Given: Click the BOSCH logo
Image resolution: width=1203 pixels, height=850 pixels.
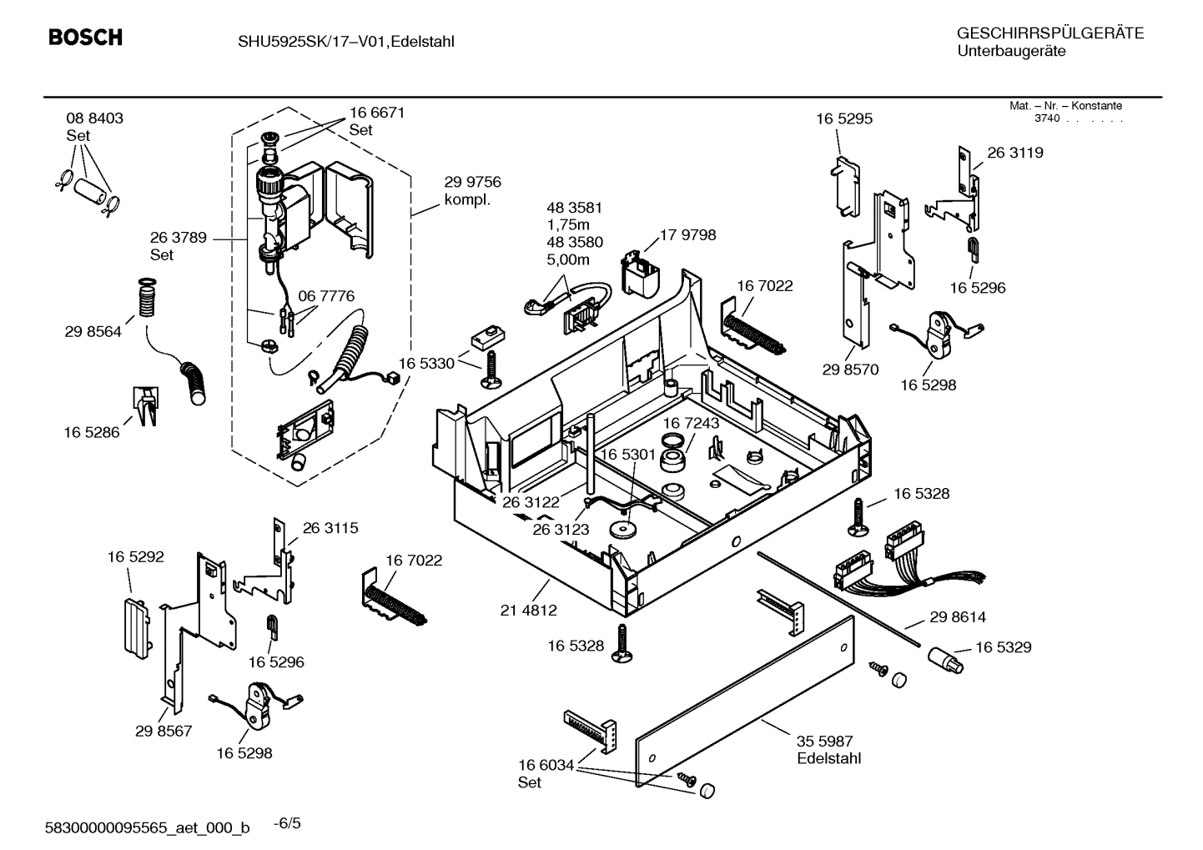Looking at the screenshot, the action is click(85, 38).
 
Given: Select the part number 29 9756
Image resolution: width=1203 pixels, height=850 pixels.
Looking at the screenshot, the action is click(472, 183).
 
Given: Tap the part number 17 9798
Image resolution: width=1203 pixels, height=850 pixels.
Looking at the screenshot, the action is click(687, 235).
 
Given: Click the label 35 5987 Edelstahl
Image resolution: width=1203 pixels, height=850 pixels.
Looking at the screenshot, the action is click(828, 749).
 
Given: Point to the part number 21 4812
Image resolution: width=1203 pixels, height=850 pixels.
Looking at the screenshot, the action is click(528, 611).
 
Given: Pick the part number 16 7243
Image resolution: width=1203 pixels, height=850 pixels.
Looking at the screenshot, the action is click(691, 423).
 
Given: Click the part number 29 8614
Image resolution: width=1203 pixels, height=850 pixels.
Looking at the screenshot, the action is click(958, 617).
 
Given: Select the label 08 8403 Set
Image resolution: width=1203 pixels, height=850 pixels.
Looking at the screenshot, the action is click(94, 126).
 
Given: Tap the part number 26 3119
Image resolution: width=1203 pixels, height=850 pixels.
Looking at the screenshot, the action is click(1014, 153).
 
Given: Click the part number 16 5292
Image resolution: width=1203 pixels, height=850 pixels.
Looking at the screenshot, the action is click(135, 556).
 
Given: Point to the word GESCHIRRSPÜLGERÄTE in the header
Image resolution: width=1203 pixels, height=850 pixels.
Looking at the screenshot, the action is click(1049, 34).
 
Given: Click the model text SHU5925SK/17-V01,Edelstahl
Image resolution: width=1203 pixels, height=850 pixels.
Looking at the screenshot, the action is click(340, 41).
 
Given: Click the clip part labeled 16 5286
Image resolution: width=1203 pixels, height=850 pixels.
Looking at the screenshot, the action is click(144, 405).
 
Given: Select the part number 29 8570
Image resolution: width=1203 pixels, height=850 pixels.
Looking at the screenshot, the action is click(850, 370).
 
